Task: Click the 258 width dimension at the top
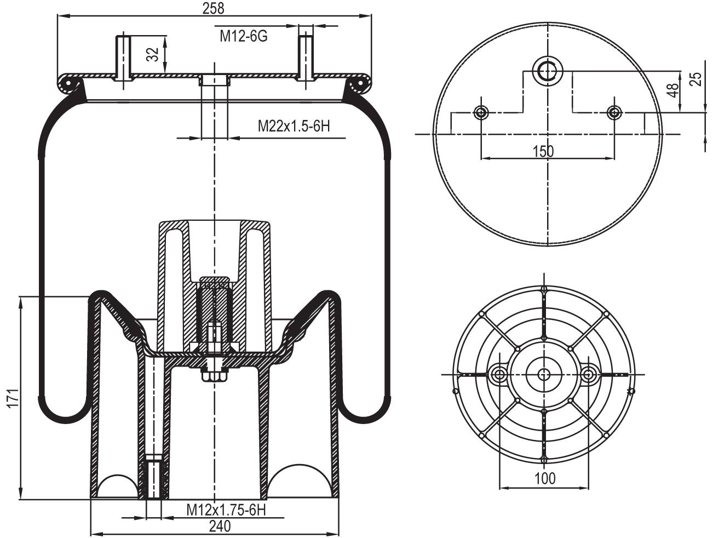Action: (x=214, y=8)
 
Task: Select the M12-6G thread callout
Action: (x=243, y=37)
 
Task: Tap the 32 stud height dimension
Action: (x=153, y=54)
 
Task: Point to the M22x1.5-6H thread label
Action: (x=294, y=127)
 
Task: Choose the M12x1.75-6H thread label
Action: (x=226, y=510)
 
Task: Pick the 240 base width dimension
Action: (x=219, y=526)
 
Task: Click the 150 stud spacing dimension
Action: (x=543, y=151)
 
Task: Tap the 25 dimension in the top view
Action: (x=695, y=79)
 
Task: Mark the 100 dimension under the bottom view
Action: (x=544, y=478)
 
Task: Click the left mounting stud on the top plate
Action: (x=124, y=57)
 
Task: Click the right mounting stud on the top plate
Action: (x=306, y=57)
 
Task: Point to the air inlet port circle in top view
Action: (x=548, y=70)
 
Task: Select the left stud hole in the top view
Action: (x=481, y=113)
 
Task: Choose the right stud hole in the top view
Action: (x=614, y=113)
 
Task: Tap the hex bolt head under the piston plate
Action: (x=214, y=376)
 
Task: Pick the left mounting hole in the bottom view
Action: (x=499, y=374)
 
